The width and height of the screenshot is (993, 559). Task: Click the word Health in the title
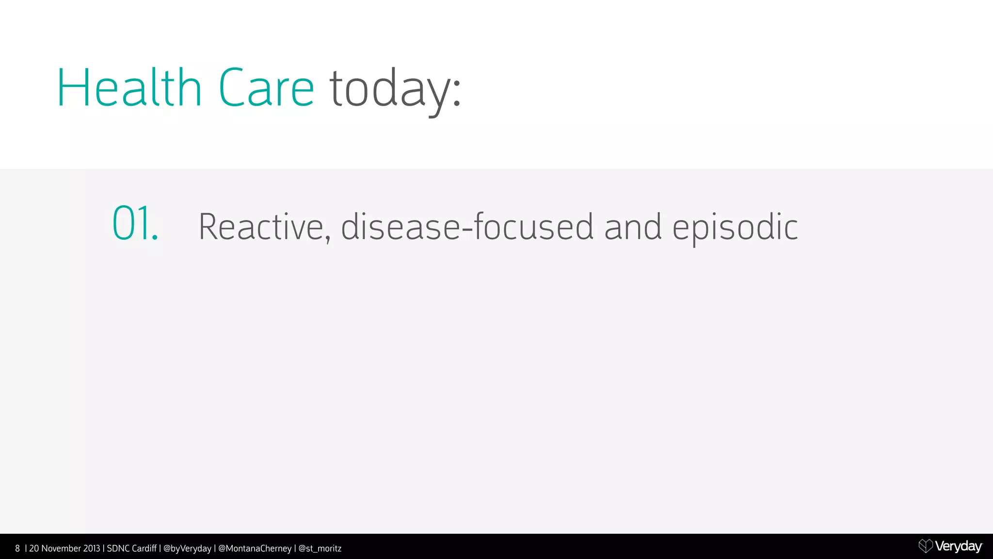coord(129,88)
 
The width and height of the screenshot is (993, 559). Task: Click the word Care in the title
coord(266,88)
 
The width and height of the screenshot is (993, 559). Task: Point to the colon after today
coord(456,92)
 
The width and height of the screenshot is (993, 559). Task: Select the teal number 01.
coord(134,224)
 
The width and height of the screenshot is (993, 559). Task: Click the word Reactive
coord(261,227)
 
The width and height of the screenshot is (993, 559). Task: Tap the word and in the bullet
coord(633,227)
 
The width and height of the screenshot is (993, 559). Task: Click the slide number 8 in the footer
coord(17,549)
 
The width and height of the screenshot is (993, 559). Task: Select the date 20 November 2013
coord(64,549)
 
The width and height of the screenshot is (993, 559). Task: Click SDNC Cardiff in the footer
coord(131,549)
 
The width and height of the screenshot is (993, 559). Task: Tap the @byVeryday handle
coord(187,549)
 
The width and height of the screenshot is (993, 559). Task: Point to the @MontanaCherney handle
coord(255,549)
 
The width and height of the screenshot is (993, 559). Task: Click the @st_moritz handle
coord(320,549)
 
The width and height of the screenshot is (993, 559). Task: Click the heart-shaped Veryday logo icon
coord(925,546)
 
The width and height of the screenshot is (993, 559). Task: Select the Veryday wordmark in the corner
coord(958,546)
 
